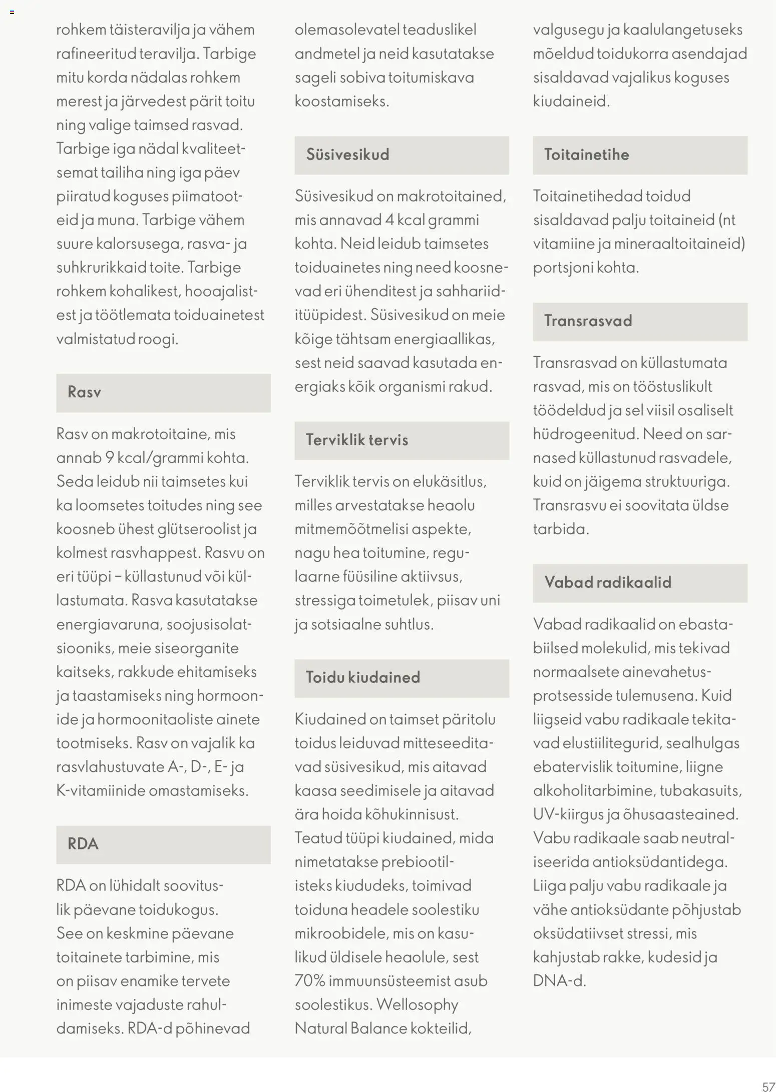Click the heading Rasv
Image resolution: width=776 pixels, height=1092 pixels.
click(84, 392)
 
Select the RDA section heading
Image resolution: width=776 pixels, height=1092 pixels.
click(83, 844)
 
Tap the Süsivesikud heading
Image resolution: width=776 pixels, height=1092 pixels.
click(347, 155)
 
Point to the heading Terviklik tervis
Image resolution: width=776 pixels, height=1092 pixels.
click(357, 440)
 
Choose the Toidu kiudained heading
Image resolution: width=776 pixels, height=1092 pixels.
click(363, 678)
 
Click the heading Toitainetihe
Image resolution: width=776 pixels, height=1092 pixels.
click(586, 155)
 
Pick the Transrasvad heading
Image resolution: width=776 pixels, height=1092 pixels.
click(588, 321)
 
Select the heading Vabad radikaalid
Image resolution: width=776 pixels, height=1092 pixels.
click(607, 583)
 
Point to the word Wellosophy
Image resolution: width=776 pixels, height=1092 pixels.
click(417, 1004)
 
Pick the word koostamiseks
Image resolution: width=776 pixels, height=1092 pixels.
click(341, 102)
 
